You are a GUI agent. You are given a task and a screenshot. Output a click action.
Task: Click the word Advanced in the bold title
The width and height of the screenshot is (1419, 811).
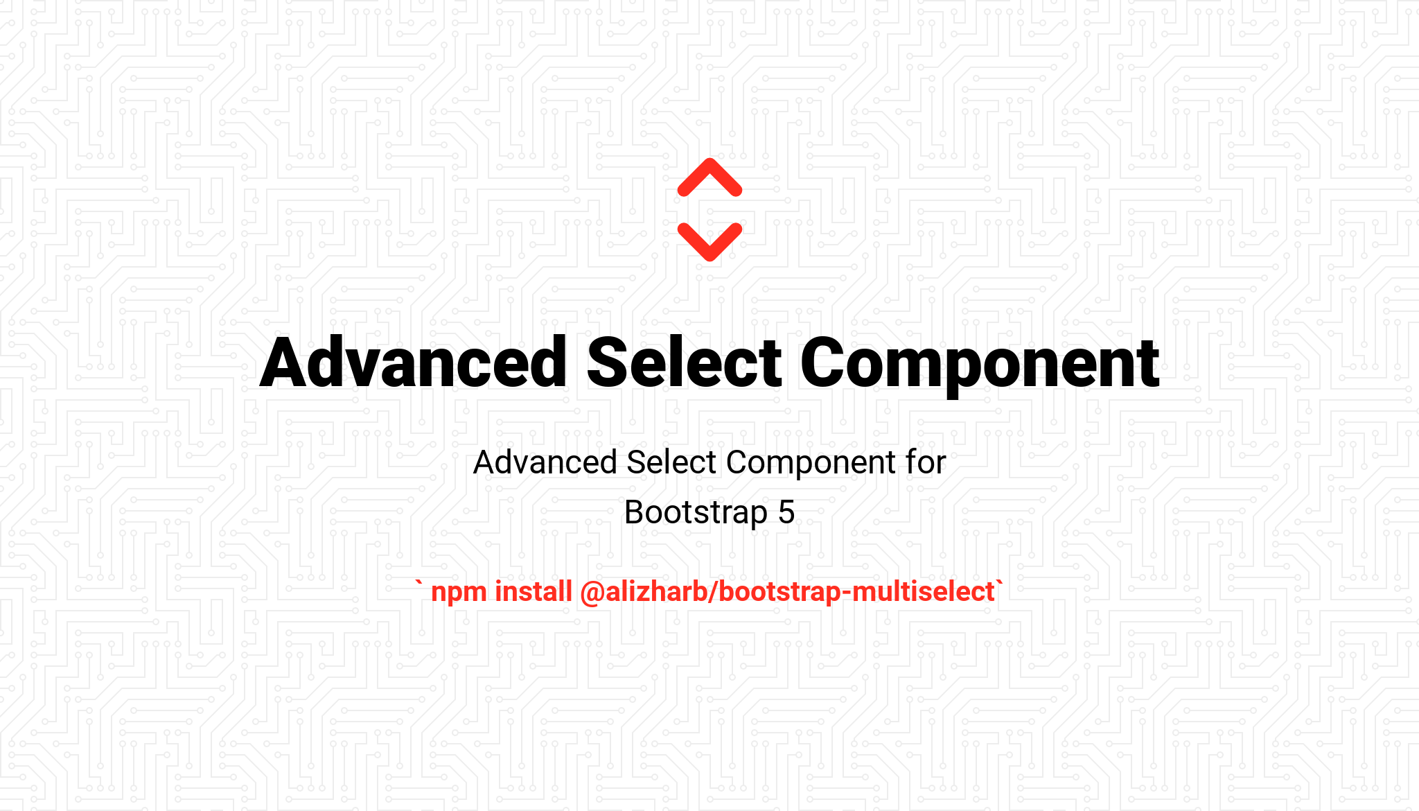(x=414, y=362)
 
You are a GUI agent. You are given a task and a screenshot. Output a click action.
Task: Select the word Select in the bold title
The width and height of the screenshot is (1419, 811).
(x=685, y=362)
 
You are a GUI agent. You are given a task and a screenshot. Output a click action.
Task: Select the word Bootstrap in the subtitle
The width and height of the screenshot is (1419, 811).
(x=696, y=514)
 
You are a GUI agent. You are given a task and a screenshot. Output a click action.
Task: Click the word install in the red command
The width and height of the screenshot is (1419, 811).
(x=534, y=592)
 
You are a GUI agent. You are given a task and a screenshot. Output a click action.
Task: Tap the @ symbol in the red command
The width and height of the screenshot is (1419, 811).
(x=592, y=593)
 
